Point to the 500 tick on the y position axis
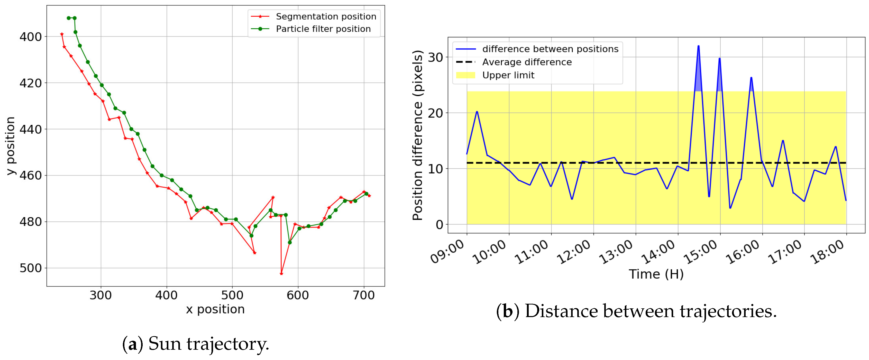coord(30,268)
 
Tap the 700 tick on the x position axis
coord(364,295)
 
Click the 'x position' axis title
coord(215,309)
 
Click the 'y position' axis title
coord(11,146)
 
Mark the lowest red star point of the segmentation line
coord(281,274)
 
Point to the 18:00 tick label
coord(828,252)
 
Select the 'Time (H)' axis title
coord(656,274)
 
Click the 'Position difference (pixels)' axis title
coord(418,135)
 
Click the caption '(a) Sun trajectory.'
coord(195,344)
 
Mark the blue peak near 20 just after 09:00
coord(477,112)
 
